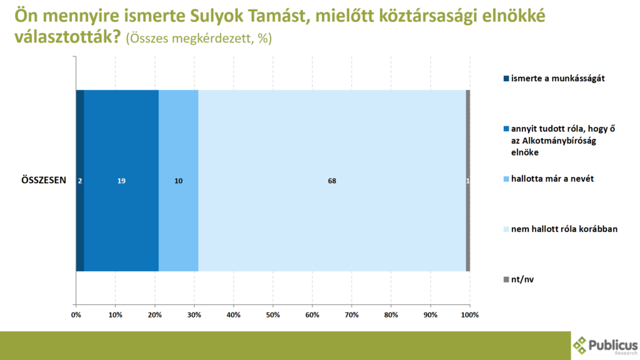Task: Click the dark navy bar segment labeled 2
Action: pos(80,181)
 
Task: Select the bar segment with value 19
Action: pos(121,181)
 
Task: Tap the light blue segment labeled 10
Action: pos(178,181)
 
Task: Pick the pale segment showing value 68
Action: pos(332,181)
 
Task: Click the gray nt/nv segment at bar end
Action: pos(468,181)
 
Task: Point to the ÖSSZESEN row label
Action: pos(44,181)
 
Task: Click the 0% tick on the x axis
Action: pos(76,315)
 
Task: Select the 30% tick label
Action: pos(194,315)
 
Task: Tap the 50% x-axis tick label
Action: pos(273,315)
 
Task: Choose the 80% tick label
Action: pos(391,315)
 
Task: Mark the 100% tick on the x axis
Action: pos(470,315)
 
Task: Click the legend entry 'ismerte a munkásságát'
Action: pos(554,78)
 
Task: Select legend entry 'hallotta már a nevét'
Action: pos(549,179)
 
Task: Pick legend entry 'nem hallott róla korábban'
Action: pos(561,229)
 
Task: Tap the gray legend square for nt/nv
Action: pos(506,279)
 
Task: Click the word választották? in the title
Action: pos(67,37)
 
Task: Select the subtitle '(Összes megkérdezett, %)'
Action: pos(199,38)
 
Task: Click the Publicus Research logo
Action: pos(605,346)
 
